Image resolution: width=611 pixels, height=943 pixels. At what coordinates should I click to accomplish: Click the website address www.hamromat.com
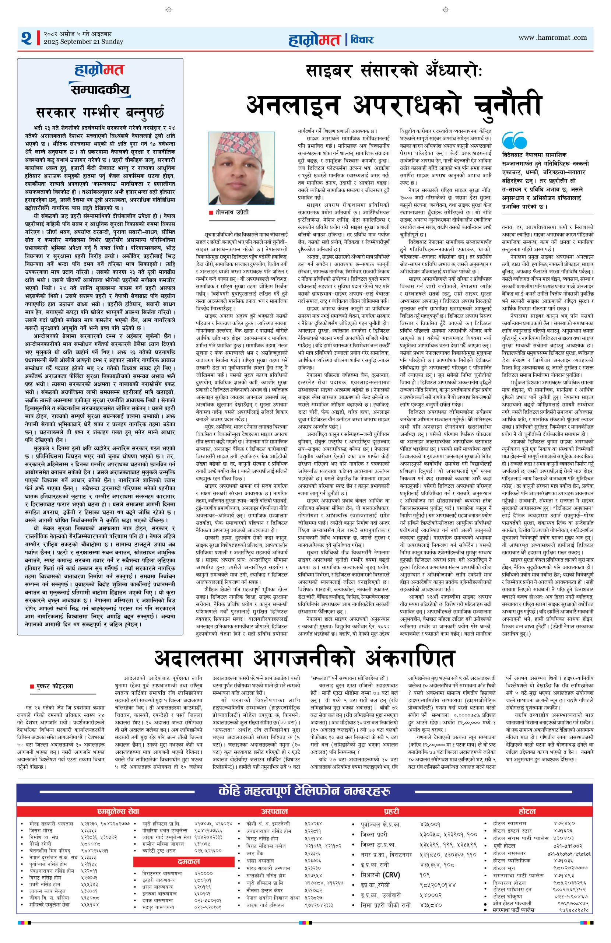click(x=552, y=38)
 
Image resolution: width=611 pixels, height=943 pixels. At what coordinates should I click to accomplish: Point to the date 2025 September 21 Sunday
click(x=84, y=42)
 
